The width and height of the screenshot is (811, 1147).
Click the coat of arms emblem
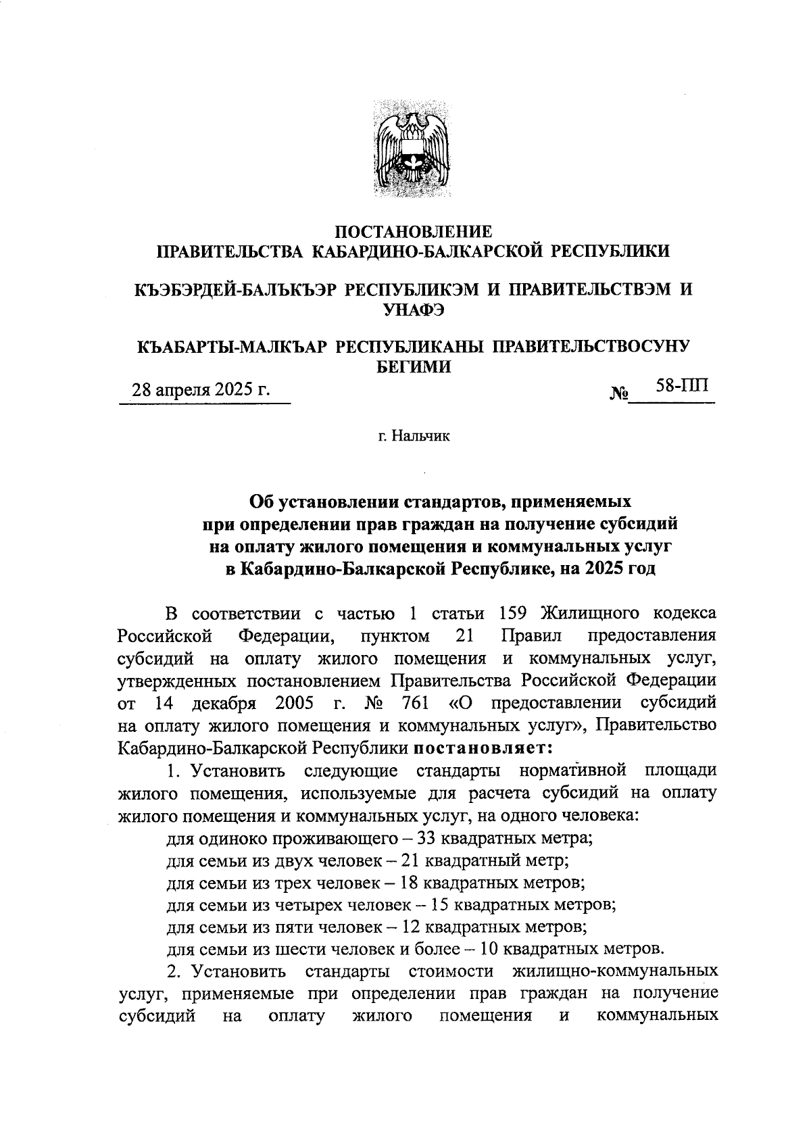(413, 149)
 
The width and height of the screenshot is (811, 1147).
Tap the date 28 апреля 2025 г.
(201, 390)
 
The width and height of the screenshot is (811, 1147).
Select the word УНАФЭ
(413, 310)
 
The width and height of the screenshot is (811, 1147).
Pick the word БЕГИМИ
(413, 366)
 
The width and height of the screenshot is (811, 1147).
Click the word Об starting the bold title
(262, 502)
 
